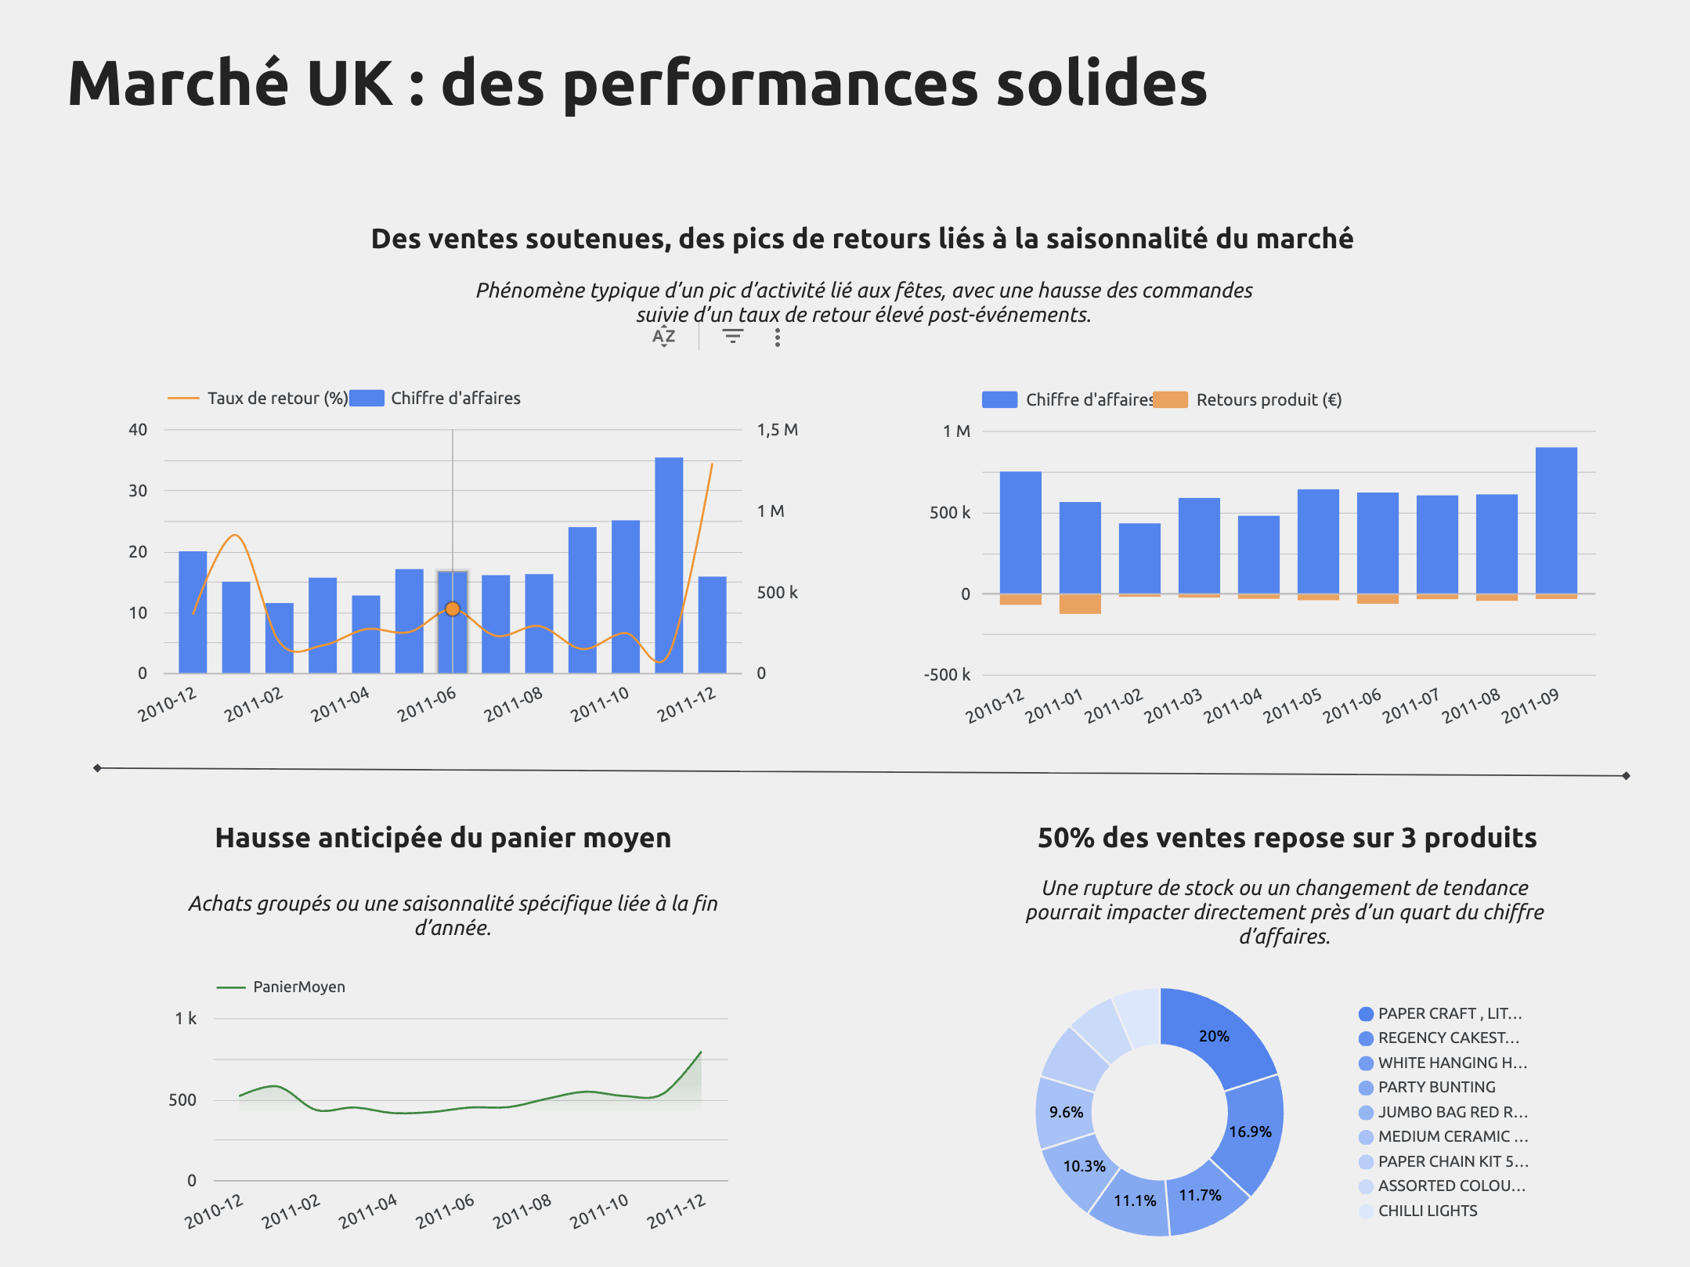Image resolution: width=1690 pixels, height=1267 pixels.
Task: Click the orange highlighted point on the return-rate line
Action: (x=453, y=608)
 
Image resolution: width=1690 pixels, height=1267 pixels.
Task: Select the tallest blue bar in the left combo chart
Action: (x=669, y=564)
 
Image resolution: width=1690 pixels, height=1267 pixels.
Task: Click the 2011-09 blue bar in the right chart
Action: (x=1556, y=520)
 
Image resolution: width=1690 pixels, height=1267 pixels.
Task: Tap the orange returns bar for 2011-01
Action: (x=1080, y=604)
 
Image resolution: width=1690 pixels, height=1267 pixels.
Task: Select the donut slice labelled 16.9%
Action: (x=1251, y=1132)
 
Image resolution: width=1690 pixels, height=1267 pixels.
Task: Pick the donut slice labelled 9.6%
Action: (x=1065, y=1112)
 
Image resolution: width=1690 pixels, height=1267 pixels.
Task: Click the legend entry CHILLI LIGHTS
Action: (x=1427, y=1211)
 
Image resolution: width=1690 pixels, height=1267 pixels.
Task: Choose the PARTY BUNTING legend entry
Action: (x=1436, y=1087)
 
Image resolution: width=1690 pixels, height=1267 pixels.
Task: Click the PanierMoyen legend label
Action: (x=298, y=987)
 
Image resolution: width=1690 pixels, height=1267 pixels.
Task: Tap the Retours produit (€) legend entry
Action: (x=1268, y=399)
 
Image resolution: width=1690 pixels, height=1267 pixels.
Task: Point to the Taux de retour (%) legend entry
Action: (x=276, y=398)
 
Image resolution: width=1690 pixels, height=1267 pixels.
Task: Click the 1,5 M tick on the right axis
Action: (x=777, y=429)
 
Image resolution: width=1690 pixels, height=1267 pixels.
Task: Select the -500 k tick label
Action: (x=946, y=675)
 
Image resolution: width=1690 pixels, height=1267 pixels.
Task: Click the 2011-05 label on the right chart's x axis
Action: (x=1292, y=706)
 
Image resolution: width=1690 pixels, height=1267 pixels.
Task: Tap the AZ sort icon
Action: (x=663, y=337)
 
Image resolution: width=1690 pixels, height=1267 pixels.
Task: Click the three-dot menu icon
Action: (x=777, y=338)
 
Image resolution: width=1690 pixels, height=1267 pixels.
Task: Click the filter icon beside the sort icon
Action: (x=732, y=337)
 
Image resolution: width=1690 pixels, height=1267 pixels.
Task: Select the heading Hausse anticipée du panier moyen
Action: (x=442, y=838)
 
